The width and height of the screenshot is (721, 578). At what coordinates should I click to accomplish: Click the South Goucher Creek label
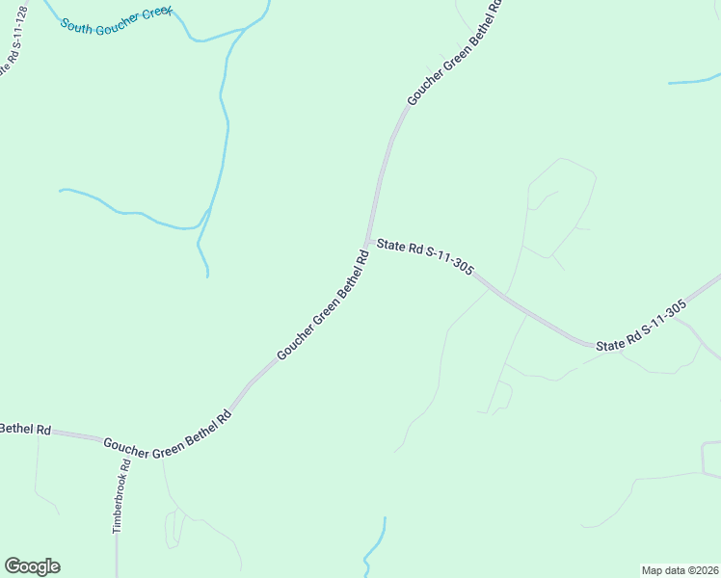(116, 20)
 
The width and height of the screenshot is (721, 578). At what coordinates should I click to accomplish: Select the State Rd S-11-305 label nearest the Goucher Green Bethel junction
(424, 257)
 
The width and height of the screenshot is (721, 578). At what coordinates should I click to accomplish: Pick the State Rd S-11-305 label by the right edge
(641, 326)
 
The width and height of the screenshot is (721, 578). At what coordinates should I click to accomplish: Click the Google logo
(32, 566)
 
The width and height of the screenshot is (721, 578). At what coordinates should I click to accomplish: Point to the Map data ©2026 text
(679, 569)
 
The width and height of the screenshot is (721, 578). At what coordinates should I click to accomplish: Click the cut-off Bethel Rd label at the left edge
(25, 429)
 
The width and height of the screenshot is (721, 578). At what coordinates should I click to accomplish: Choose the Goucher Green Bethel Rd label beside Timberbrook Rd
(168, 434)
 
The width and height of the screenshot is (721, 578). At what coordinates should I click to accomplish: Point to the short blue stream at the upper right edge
(694, 82)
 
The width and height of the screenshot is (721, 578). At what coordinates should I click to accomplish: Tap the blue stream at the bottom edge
(374, 549)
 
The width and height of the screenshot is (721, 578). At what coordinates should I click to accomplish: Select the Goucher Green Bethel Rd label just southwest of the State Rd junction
(324, 305)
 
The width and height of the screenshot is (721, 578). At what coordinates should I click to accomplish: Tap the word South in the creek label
(76, 24)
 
